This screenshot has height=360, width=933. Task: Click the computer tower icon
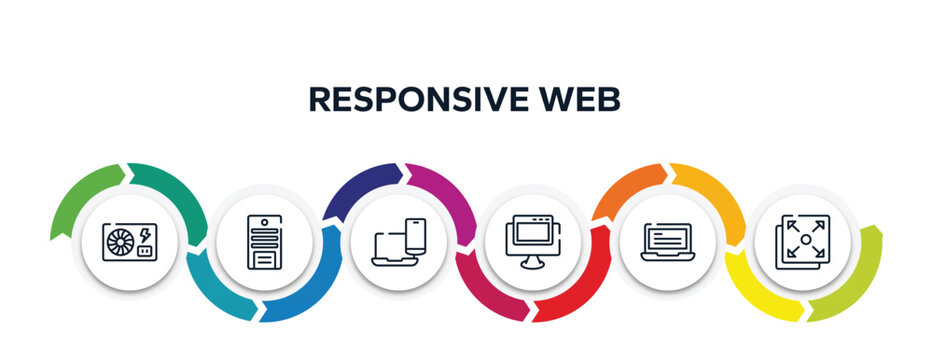coord(265,243)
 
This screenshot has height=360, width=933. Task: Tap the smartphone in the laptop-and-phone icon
coord(416,238)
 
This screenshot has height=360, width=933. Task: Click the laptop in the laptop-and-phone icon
coord(391,251)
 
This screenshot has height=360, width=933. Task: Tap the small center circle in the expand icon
coord(806,240)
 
